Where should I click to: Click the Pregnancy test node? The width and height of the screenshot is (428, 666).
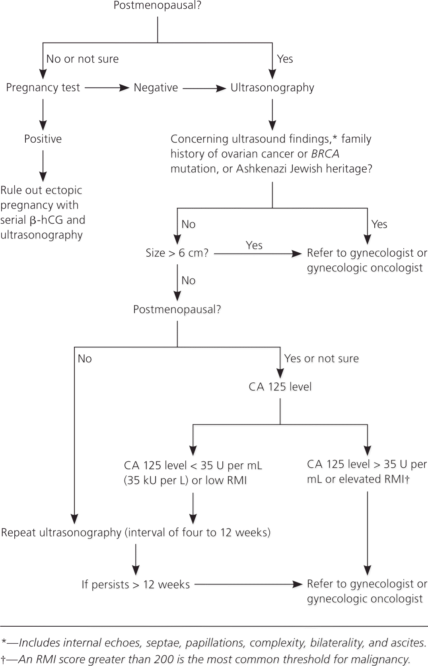(x=43, y=87)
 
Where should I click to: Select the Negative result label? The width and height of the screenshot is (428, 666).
(x=156, y=87)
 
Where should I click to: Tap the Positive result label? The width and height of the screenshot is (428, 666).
(x=43, y=139)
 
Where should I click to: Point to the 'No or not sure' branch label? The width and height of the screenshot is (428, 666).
(x=82, y=59)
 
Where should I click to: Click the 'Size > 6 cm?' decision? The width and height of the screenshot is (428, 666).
(x=177, y=253)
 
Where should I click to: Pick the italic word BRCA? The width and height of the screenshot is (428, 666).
(x=325, y=154)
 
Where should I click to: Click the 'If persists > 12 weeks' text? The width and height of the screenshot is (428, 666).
(x=136, y=585)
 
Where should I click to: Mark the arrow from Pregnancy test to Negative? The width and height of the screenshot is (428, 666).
(x=107, y=88)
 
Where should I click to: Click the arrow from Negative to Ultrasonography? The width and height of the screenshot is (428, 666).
(x=204, y=88)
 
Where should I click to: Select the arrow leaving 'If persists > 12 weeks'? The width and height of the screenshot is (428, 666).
(x=248, y=584)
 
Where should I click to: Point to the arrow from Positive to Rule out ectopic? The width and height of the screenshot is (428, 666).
(x=43, y=166)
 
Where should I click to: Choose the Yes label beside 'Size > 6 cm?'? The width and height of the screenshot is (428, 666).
(x=254, y=245)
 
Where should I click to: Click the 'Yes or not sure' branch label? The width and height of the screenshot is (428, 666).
(x=321, y=358)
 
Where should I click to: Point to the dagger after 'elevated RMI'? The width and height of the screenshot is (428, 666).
(x=407, y=479)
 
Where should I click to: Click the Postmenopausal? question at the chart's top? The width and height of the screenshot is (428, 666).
(x=157, y=6)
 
